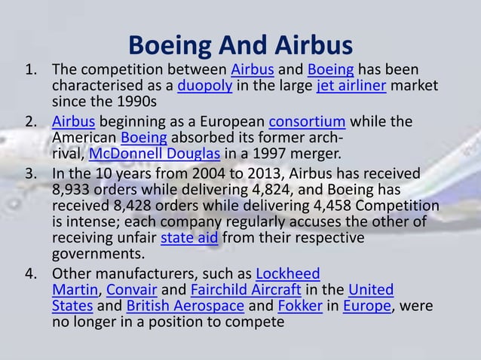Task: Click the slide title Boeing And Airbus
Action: coord(240,45)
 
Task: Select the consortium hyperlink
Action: coord(307,123)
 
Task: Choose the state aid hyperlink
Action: coord(190,239)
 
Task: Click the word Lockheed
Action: coord(288,273)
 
